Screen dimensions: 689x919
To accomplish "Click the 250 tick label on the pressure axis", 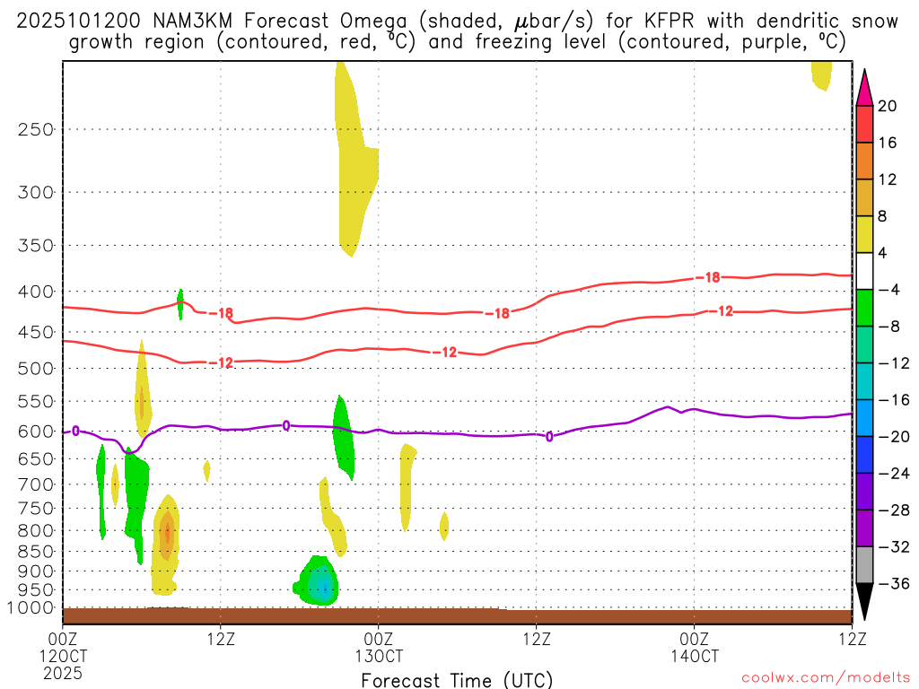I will click(35, 129).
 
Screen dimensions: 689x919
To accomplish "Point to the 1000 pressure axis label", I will click(32, 608).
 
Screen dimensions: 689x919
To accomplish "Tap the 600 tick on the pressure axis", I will click(35, 432).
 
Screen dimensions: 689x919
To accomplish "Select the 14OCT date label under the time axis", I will click(694, 656).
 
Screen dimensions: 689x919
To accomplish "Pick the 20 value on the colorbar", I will click(888, 107).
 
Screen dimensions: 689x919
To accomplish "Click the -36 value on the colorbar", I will click(891, 584).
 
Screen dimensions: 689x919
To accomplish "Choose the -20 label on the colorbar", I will click(891, 437).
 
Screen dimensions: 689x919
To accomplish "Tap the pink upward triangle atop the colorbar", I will click(863, 87).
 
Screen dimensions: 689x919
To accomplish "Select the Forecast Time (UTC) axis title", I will click(457, 679).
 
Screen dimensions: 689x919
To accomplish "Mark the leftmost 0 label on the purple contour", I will click(75, 432).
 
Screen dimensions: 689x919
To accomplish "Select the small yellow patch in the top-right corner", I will click(821, 74).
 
